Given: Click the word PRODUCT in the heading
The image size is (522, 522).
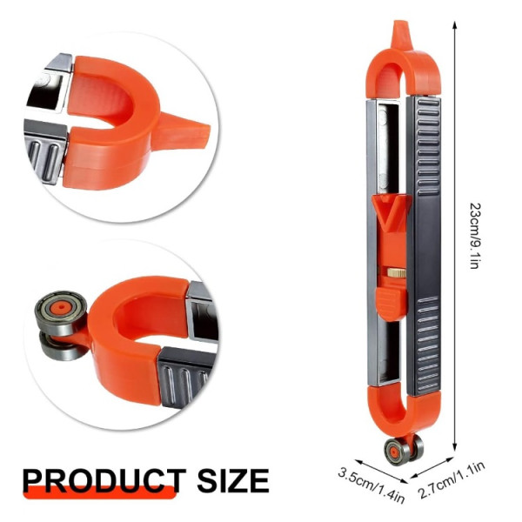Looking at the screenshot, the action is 104,481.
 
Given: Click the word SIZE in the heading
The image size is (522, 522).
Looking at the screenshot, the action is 233,481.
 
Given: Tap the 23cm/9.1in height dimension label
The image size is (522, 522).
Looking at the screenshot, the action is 475,236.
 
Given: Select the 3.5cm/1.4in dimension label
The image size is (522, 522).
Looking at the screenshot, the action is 371,486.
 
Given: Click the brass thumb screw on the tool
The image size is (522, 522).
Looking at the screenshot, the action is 397,273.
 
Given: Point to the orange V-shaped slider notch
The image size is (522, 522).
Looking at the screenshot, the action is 390,213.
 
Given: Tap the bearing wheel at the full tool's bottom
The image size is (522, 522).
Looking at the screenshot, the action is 404,451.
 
